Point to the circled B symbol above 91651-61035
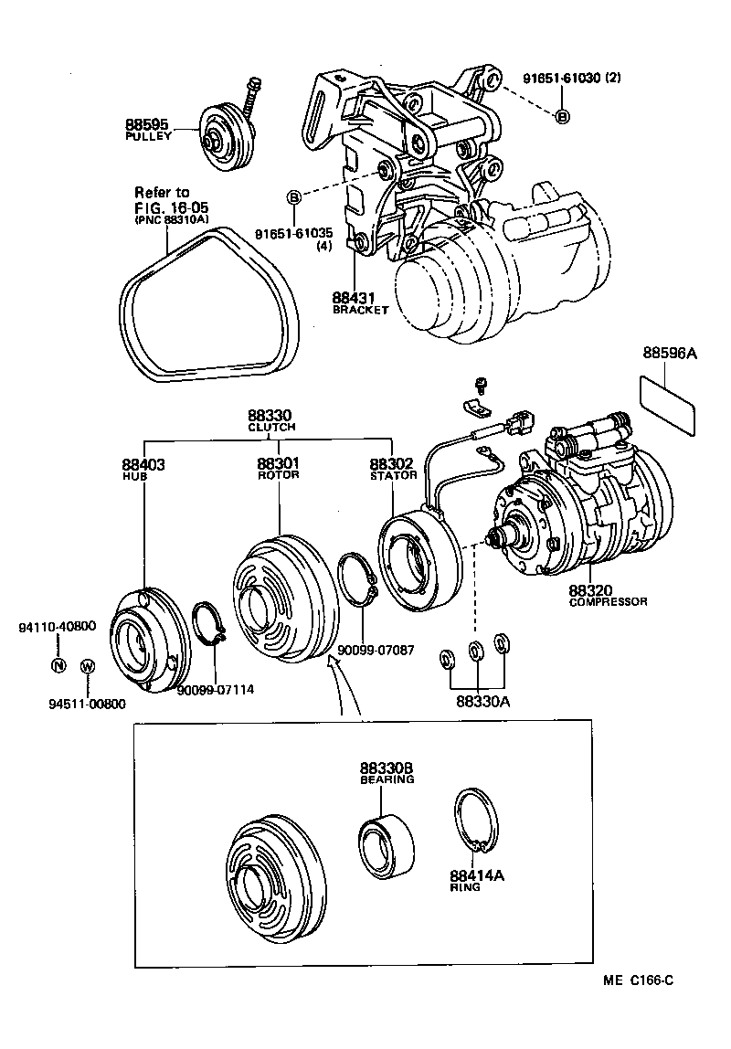click(x=294, y=197)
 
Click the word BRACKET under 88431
click(x=360, y=310)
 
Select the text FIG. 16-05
click(x=165, y=207)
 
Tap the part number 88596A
click(x=669, y=354)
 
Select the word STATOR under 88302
click(x=393, y=475)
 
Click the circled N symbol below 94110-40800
click(x=58, y=664)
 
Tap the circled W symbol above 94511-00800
click(x=88, y=665)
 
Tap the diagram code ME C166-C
click(x=637, y=980)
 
